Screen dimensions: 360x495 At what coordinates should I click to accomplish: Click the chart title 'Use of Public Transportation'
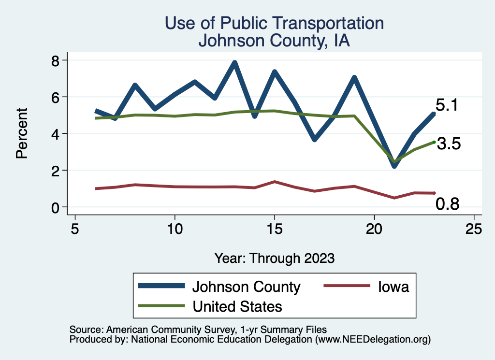(x=274, y=23)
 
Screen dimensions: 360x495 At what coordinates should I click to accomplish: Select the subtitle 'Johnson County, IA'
(x=274, y=41)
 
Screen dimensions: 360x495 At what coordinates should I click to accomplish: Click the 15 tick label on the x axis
(x=274, y=229)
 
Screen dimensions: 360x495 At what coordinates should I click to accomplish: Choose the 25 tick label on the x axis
(x=474, y=229)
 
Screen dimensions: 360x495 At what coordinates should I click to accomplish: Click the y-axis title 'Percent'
(x=22, y=133)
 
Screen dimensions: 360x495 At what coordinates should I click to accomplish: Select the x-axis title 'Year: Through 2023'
(x=274, y=258)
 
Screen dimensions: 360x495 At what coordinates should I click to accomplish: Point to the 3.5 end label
(x=449, y=144)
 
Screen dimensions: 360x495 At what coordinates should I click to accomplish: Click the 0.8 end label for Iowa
(x=447, y=204)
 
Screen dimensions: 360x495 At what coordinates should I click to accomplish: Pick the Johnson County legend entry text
(x=247, y=287)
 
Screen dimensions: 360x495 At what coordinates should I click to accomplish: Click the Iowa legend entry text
(x=393, y=287)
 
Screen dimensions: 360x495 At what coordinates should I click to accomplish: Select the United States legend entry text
(x=237, y=306)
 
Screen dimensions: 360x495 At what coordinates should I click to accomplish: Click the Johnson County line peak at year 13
(x=234, y=63)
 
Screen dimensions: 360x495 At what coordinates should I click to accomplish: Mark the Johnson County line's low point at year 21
(x=394, y=166)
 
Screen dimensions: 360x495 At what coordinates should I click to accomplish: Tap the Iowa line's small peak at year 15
(x=275, y=182)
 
